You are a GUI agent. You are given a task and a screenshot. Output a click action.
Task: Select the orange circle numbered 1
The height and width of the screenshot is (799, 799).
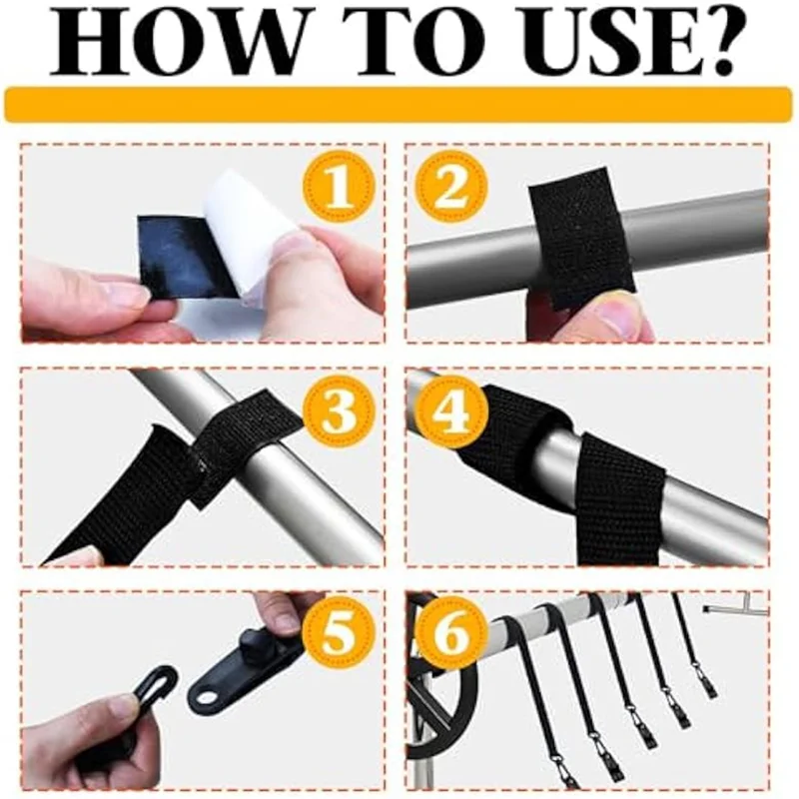339,187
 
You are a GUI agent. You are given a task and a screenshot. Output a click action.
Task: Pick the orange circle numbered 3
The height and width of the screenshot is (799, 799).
340,411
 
